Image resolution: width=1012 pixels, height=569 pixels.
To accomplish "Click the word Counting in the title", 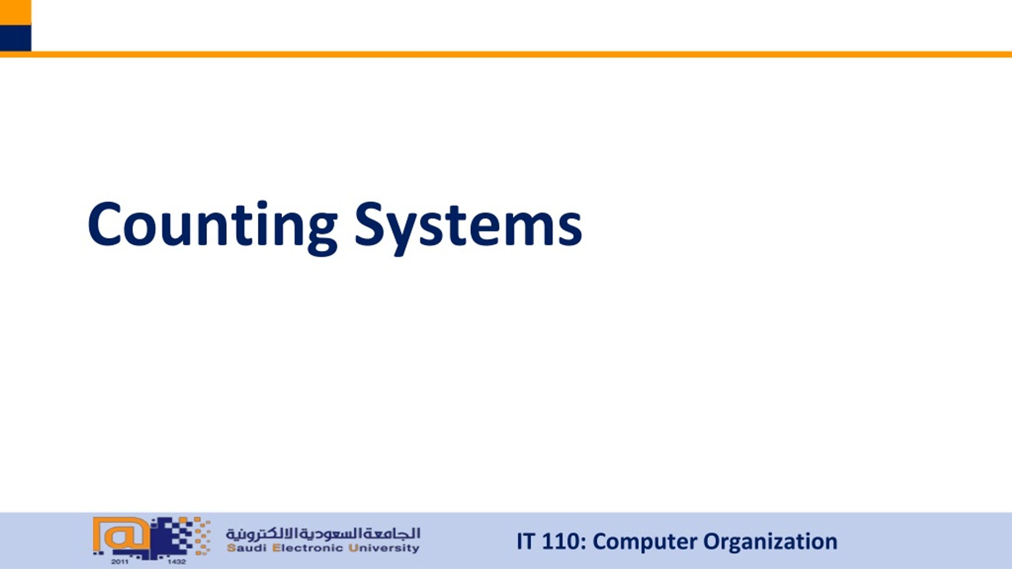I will tap(212, 225).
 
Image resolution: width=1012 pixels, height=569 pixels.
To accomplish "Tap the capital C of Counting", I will tap(104, 224).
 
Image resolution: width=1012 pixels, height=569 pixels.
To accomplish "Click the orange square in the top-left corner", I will tap(15, 12).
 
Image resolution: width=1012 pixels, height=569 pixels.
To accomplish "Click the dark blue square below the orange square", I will tap(15, 38).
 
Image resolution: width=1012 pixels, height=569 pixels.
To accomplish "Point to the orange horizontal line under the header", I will tap(514, 55).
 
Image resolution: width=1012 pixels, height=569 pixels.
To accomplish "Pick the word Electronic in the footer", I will tap(308, 548).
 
